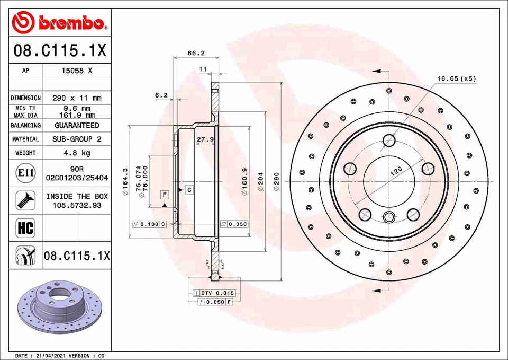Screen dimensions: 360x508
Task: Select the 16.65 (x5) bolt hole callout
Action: pos(456,78)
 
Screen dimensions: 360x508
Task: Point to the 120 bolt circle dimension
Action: pos(396,171)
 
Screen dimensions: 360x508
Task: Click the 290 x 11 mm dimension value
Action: pos(77,98)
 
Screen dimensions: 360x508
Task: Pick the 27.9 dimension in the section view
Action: pos(205,139)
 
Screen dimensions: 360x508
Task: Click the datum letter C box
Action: pos(188,189)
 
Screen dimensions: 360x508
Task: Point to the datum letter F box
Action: pos(165,195)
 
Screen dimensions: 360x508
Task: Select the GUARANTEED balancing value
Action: pos(77,126)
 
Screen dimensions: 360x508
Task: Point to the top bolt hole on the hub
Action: pos(389,141)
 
